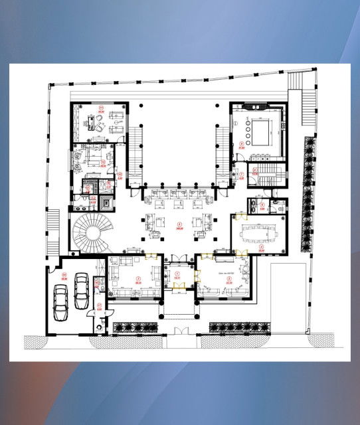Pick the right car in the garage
click(x=82, y=291)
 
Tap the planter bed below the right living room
click(x=239, y=327)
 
